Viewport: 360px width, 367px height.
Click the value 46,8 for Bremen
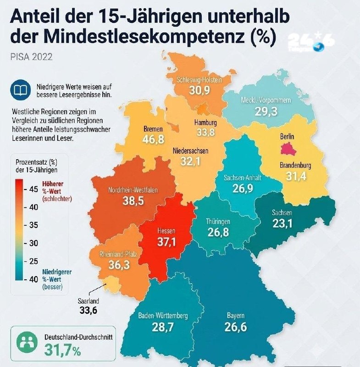(154, 139)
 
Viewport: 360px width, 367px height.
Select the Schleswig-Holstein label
(199, 80)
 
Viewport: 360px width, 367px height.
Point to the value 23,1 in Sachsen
(282, 223)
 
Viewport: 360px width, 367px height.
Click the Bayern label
(236, 316)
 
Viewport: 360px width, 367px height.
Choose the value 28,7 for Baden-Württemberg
(163, 327)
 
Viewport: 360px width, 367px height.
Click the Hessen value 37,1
(166, 242)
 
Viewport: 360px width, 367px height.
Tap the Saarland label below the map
(89, 301)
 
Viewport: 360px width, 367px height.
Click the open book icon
(21, 89)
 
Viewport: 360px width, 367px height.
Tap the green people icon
(27, 343)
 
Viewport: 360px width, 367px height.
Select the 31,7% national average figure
(62, 350)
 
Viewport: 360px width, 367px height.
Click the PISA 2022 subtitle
(31, 57)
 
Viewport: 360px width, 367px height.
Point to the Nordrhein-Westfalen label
(133, 190)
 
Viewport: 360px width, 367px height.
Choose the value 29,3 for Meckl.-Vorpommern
(266, 111)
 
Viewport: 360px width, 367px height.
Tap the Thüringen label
(218, 222)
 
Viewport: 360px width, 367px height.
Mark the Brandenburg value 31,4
(296, 176)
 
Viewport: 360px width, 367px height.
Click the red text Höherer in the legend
(53, 184)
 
